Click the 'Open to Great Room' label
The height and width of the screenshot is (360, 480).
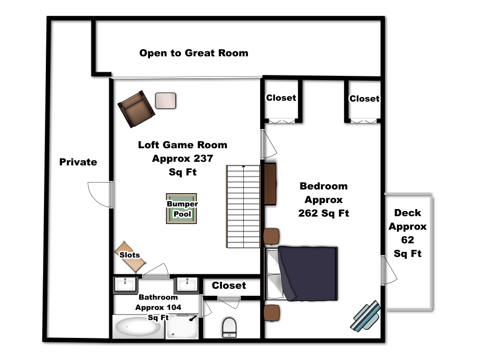coord(193,53)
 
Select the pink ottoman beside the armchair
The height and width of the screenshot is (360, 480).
coord(165,101)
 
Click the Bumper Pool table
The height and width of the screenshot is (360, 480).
coord(181,209)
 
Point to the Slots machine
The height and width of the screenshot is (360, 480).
coord(129,255)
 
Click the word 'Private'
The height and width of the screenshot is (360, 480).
coord(78,162)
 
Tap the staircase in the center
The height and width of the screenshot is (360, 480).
coord(243,206)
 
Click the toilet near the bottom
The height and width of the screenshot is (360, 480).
coord(229,327)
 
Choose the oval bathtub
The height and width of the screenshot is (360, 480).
coord(138,327)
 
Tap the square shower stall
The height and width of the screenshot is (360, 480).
coord(182,327)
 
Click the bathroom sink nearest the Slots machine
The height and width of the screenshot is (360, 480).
coord(126,285)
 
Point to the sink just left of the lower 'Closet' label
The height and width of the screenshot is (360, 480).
coord(187,285)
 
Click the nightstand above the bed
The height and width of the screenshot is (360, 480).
coord(271,236)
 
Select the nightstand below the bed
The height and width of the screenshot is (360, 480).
coord(271,313)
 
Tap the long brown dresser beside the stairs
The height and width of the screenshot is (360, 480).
coord(270,184)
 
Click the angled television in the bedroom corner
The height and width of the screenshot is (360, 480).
coord(366,316)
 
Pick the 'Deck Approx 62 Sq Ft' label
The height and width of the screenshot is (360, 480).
coord(407,233)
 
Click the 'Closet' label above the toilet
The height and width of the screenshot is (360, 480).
coord(229,285)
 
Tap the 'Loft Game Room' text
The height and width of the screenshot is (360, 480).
coord(183,145)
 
